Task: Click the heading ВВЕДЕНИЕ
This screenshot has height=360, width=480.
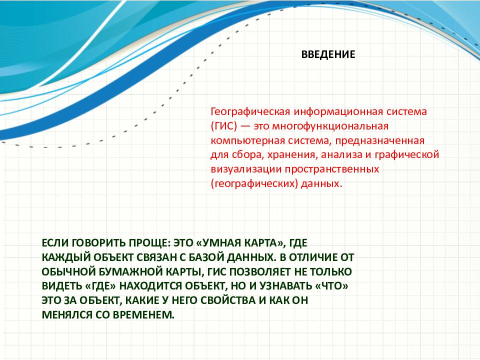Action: pyautogui.click(x=328, y=54)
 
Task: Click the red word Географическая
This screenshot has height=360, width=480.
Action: pyautogui.click(x=250, y=111)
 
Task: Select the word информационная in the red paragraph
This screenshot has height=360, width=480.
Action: pyautogui.click(x=337, y=111)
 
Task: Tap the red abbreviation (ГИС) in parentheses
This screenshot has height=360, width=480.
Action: pyautogui.click(x=224, y=126)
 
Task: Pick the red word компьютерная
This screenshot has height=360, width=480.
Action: pyautogui.click(x=247, y=141)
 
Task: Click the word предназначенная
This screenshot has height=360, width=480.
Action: pyautogui.click(x=379, y=141)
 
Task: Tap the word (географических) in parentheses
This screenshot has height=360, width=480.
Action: pyautogui.click(x=254, y=183)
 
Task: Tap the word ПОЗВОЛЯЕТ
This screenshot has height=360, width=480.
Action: pyautogui.click(x=260, y=272)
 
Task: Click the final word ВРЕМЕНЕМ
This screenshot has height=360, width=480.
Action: pyautogui.click(x=143, y=314)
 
